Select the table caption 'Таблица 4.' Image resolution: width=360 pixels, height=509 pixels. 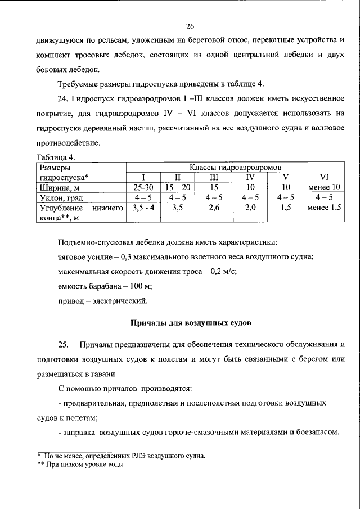pyautogui.click(x=56, y=157)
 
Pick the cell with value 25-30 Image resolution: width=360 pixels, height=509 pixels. pyautogui.click(x=143, y=187)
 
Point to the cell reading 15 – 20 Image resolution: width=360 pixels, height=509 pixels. pyautogui.click(x=178, y=187)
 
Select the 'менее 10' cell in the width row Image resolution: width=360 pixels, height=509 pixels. pyautogui.click(x=324, y=187)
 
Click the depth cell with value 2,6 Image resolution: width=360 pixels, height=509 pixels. pyautogui.click(x=213, y=208)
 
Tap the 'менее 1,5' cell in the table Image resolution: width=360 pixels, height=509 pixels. pyautogui.click(x=324, y=208)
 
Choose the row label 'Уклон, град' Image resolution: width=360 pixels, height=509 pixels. pyautogui.click(x=62, y=197)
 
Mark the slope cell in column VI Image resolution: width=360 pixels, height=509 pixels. pyautogui.click(x=324, y=197)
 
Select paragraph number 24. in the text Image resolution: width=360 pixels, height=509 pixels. pyautogui.click(x=63, y=99)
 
